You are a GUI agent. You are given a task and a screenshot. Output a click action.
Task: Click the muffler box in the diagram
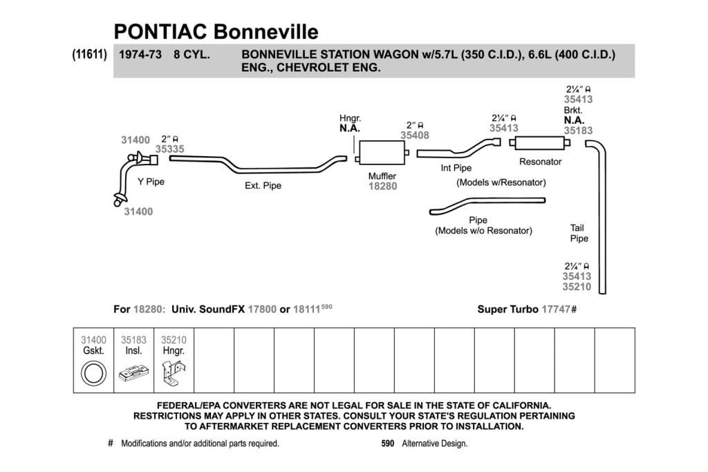(382, 153)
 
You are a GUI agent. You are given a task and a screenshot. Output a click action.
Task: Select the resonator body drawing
(539, 143)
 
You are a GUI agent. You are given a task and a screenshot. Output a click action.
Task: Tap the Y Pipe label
(151, 182)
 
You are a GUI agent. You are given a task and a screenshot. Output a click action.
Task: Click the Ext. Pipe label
(263, 185)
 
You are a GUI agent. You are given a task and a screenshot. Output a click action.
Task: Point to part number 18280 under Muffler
(382, 187)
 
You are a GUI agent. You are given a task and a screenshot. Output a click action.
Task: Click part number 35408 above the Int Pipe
(415, 135)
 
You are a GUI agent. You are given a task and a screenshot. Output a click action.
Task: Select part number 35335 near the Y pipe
(170, 149)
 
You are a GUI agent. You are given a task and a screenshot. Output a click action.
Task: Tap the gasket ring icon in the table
(93, 374)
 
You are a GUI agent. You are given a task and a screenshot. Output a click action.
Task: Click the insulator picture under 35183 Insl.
(133, 372)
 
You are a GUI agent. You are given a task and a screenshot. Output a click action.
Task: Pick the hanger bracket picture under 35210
(174, 372)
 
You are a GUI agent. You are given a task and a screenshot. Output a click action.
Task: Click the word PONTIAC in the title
(160, 32)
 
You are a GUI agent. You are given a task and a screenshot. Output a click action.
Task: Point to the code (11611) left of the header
(89, 55)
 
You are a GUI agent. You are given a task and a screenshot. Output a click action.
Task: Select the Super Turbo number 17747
(556, 310)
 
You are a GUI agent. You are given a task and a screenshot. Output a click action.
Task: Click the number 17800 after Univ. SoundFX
(262, 310)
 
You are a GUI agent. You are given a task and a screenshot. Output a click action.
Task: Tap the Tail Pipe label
(579, 234)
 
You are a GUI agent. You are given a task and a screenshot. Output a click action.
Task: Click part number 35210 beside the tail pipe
(577, 287)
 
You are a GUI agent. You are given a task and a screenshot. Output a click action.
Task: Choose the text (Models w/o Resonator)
(483, 231)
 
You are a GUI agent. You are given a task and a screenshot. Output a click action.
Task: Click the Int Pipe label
(456, 168)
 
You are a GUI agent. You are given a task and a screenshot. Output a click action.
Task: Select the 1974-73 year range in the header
(140, 55)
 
